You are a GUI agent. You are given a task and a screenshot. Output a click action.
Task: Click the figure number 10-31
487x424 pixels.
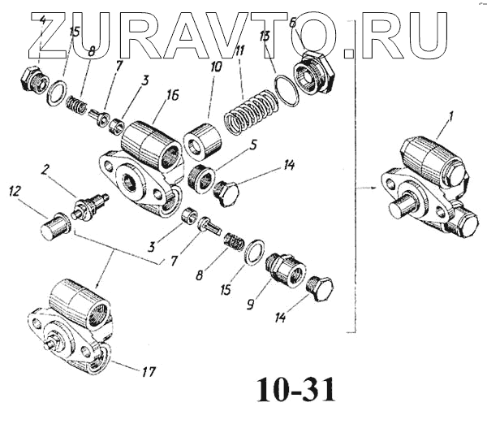295,391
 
